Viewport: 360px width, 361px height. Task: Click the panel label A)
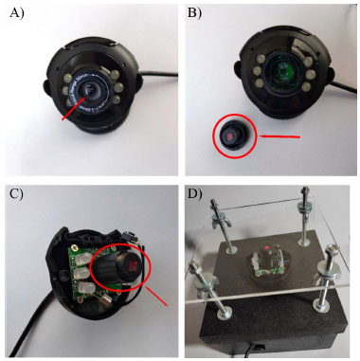click(x=17, y=13)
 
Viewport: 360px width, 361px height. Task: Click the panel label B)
click(x=194, y=13)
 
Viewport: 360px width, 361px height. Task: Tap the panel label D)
click(x=194, y=194)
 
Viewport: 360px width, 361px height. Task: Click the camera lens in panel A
click(x=91, y=91)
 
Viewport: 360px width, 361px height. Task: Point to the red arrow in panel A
click(x=73, y=108)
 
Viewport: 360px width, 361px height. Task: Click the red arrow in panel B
click(x=279, y=136)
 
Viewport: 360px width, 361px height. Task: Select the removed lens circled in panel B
click(x=234, y=136)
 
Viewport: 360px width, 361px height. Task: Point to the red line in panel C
click(x=156, y=295)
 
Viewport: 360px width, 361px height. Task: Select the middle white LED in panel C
click(x=82, y=271)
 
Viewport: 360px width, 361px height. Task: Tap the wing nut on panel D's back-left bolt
click(x=222, y=219)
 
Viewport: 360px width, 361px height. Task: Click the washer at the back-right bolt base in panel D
click(x=305, y=243)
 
